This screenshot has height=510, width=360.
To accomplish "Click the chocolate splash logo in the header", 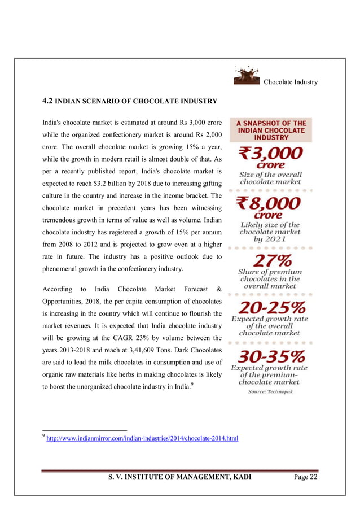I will click(x=247, y=76).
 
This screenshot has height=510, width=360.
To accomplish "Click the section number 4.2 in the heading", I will click(x=48, y=102).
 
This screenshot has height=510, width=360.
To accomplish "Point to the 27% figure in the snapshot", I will click(x=270, y=261).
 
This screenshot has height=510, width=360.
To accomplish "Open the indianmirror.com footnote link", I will click(x=142, y=438).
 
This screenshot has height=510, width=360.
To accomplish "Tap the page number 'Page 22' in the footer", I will click(x=306, y=477).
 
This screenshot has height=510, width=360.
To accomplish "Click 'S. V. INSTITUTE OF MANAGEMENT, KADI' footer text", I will click(x=180, y=478).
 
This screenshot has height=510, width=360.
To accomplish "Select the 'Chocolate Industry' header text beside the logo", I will click(x=291, y=82).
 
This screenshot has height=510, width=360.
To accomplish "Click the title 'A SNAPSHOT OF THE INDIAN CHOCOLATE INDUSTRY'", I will click(x=271, y=130).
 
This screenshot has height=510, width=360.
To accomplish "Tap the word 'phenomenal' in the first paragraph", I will click(x=63, y=268).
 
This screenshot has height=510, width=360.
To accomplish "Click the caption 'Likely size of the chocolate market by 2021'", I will click(x=270, y=232).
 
